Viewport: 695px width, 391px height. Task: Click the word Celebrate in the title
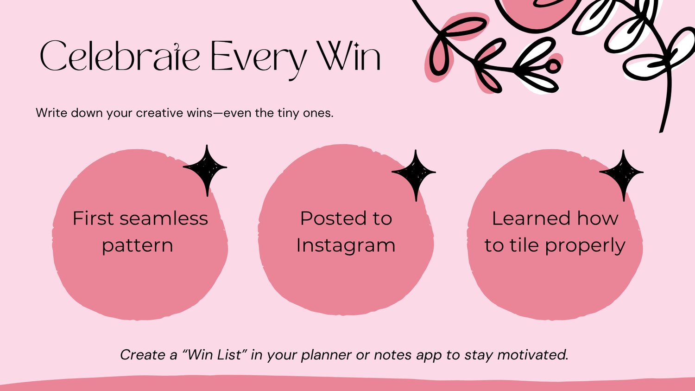[x=120, y=56]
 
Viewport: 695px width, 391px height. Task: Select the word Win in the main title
[x=348, y=56]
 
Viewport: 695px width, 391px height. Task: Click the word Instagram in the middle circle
[x=346, y=246]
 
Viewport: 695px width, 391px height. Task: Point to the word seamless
[x=164, y=218]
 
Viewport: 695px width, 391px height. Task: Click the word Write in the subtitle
[x=51, y=112]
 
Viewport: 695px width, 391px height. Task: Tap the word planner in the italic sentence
[x=326, y=356]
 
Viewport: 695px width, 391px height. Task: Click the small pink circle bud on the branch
[x=553, y=66]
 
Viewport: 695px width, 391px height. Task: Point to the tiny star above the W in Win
[x=355, y=45]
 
